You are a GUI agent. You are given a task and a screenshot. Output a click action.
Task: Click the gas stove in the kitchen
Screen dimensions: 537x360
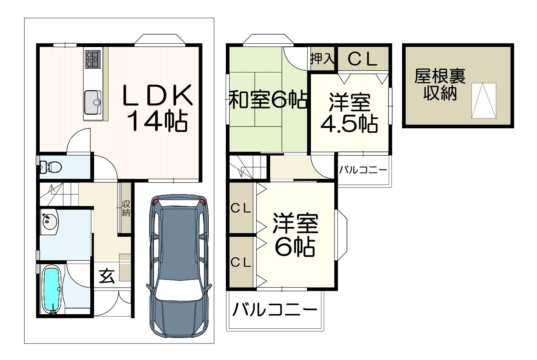coord(93,60)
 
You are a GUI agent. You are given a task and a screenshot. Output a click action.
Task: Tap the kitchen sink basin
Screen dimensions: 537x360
coord(93,103)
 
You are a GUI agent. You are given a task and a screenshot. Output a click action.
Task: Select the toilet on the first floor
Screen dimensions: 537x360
coord(51,167)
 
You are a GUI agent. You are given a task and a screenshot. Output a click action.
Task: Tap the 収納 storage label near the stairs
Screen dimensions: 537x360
coord(126,208)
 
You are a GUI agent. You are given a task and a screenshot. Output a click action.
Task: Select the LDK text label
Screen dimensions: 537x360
coord(158,95)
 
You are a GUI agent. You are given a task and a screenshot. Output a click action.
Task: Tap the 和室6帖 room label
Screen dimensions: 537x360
coord(268,99)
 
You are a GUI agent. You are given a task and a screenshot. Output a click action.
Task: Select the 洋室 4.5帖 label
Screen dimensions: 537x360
coord(350,113)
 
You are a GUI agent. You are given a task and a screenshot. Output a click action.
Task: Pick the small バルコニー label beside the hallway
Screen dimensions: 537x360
coord(363,170)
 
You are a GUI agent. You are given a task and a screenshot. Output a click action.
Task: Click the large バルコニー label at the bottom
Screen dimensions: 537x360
coord(275,309)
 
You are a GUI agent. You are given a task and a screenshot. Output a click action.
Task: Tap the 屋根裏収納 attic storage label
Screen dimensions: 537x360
coord(440,85)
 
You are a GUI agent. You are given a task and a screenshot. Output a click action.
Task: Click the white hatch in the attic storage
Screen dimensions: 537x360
coord(484,101)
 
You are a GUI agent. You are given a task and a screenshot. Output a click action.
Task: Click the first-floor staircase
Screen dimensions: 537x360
coord(59,194)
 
